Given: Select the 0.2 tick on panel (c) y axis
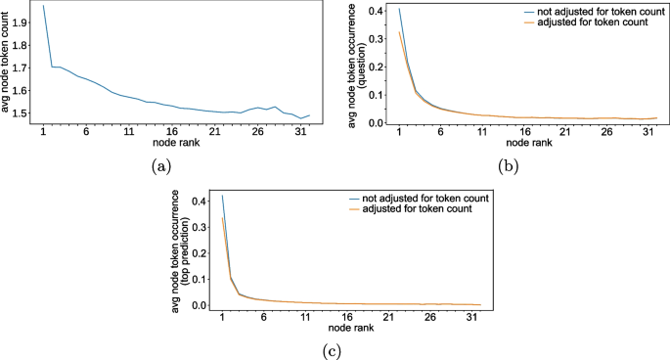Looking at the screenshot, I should (201, 253).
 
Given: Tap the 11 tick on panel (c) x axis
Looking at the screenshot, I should (306, 315).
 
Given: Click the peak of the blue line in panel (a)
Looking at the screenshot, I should (44, 6).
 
